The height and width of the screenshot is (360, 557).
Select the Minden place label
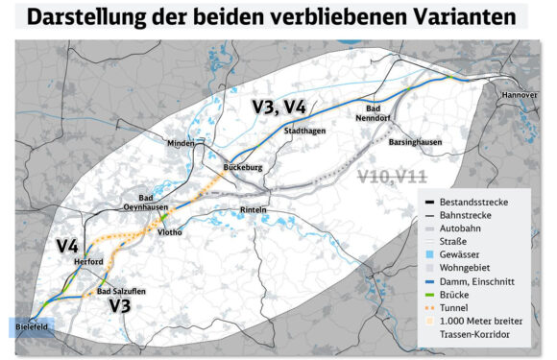pyautogui.click(x=181, y=143)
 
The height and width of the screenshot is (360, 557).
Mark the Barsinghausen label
pyautogui.click(x=415, y=141)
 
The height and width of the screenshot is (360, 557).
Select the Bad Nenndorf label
pyautogui.click(x=374, y=114)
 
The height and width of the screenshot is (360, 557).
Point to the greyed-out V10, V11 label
pyautogui.click(x=394, y=176)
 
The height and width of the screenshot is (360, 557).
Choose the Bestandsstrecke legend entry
pyautogui.click(x=473, y=202)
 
